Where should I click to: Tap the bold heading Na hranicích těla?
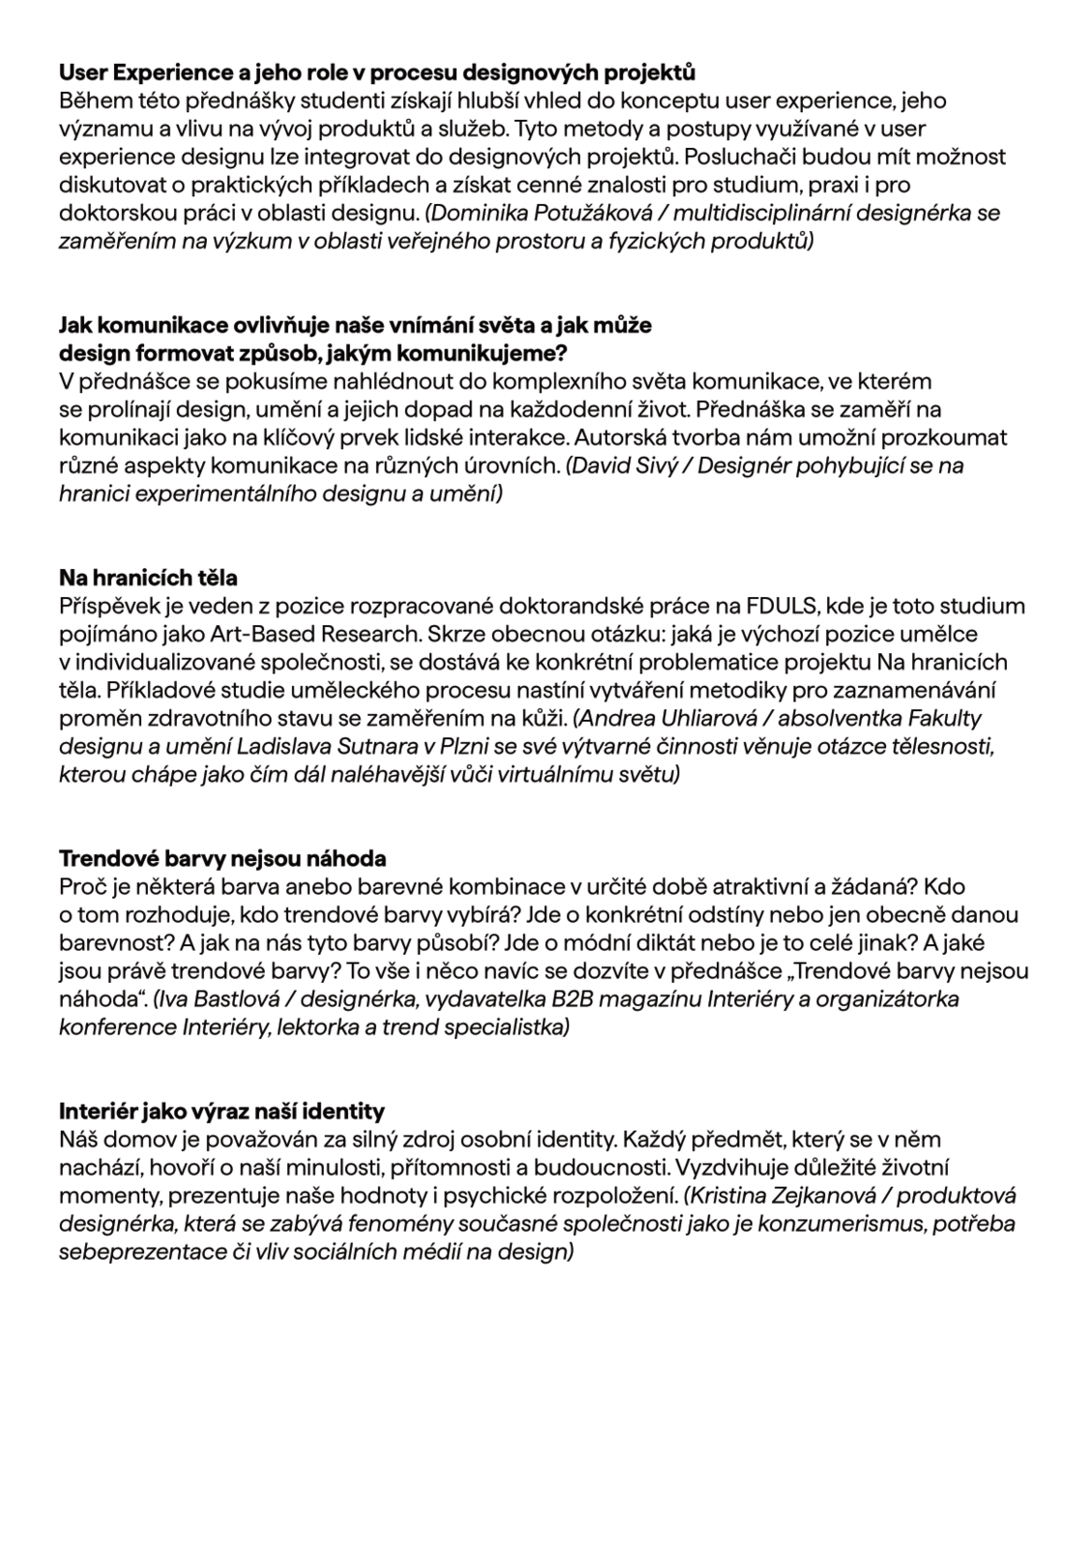[x=148, y=579]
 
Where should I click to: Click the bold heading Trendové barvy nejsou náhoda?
[x=222, y=859]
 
